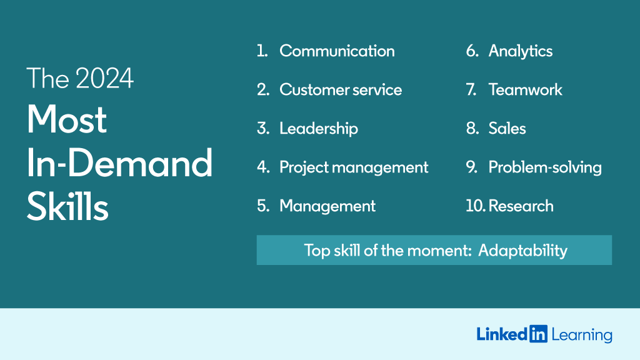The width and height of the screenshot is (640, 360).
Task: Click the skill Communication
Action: pos(337,51)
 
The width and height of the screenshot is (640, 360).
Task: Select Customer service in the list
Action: pos(341,90)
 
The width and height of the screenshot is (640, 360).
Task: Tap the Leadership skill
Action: pos(319,129)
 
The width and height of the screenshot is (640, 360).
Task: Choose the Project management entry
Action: pos(354,167)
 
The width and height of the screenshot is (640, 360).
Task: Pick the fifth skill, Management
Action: pos(327,206)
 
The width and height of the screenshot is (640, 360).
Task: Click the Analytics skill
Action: pos(521,51)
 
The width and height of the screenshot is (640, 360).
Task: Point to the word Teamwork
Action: pos(525,90)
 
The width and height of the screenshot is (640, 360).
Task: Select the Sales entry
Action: pos(507,129)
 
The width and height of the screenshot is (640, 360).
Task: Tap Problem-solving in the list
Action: pos(545,167)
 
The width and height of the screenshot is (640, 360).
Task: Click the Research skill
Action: pos(521,206)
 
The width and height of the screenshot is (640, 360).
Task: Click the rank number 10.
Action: pos(476,206)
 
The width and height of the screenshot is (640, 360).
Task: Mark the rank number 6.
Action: pos(472,51)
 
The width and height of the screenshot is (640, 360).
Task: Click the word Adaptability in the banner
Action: pos(522,251)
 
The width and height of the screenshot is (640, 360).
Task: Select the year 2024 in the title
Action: pos(104,79)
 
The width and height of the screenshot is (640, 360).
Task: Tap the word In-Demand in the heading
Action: pos(119,164)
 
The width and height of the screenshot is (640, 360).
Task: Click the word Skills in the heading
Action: pos(67,208)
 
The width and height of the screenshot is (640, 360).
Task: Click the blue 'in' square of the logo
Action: pos(538,334)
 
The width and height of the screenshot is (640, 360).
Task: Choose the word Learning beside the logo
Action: pos(582,336)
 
